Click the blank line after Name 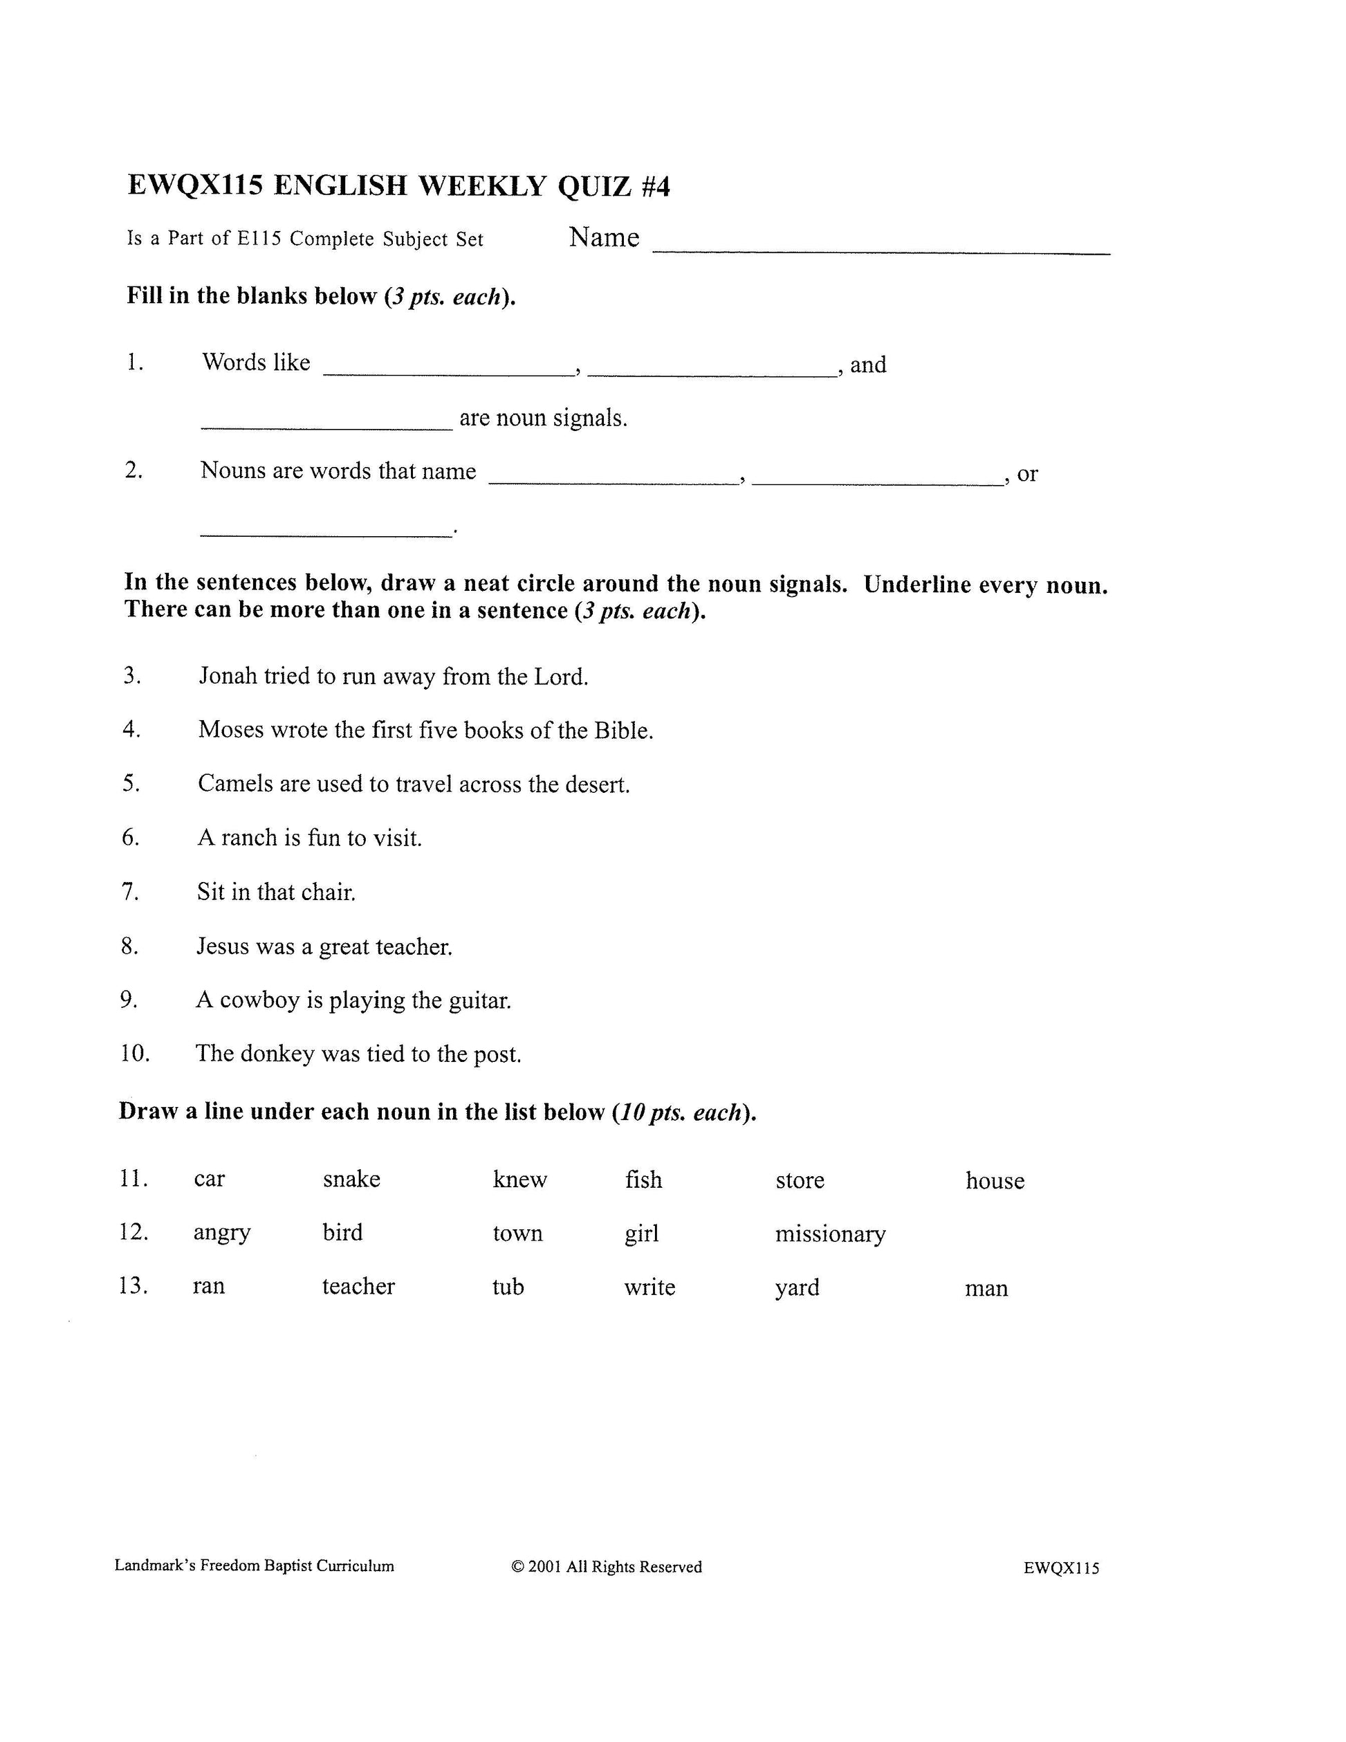click(881, 249)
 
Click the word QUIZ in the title click(594, 186)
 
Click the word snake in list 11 click(351, 1179)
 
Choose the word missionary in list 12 click(830, 1234)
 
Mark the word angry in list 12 click(221, 1233)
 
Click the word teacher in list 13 click(358, 1286)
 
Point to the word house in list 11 click(995, 1180)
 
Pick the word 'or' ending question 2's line click(1027, 474)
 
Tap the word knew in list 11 click(520, 1179)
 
